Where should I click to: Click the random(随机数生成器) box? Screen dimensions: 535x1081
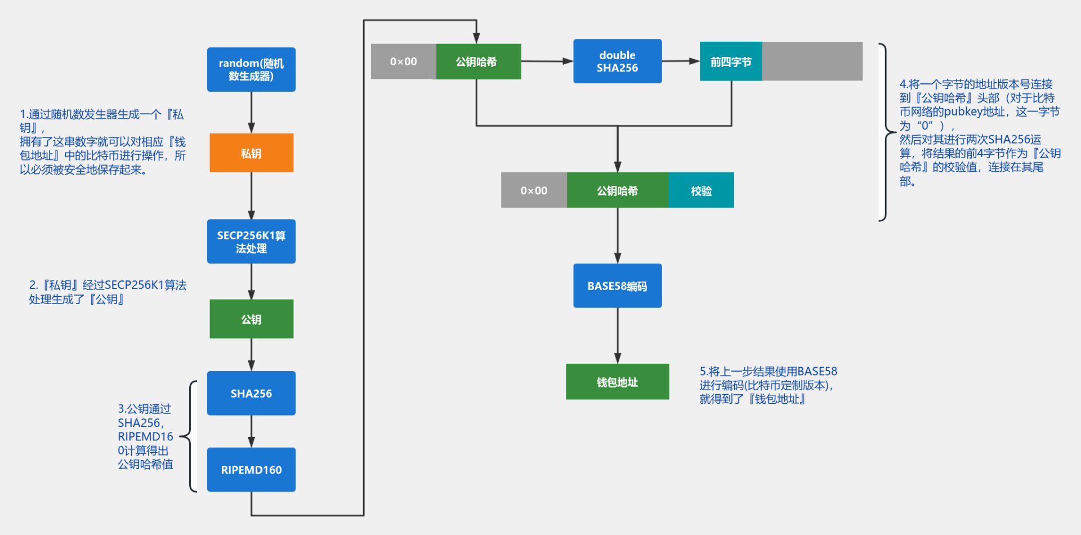[x=251, y=69]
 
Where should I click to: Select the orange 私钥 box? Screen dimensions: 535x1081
[x=251, y=153]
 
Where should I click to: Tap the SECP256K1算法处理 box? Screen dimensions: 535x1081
[x=251, y=241]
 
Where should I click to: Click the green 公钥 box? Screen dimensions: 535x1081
[x=251, y=319]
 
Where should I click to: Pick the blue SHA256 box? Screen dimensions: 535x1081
[x=251, y=393]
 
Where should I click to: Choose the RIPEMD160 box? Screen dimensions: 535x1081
[x=251, y=469]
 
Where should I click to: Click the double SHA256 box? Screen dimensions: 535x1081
[x=617, y=61]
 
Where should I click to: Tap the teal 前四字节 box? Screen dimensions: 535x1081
[x=730, y=61]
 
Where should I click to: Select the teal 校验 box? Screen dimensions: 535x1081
[x=701, y=190]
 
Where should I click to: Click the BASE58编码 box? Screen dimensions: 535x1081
[x=617, y=286]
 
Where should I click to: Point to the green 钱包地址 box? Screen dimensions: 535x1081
[x=617, y=382]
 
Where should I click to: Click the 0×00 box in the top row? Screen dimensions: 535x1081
[x=403, y=61]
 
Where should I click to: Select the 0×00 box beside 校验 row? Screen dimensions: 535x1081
[x=533, y=190]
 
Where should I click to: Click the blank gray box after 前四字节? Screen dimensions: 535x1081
[x=812, y=61]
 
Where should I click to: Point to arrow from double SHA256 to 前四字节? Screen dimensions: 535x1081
[x=680, y=61]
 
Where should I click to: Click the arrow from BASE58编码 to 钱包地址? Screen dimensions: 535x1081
[x=618, y=336]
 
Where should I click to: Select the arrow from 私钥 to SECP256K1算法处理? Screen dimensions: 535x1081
[x=251, y=195]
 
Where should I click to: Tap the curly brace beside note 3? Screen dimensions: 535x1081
[x=190, y=436]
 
